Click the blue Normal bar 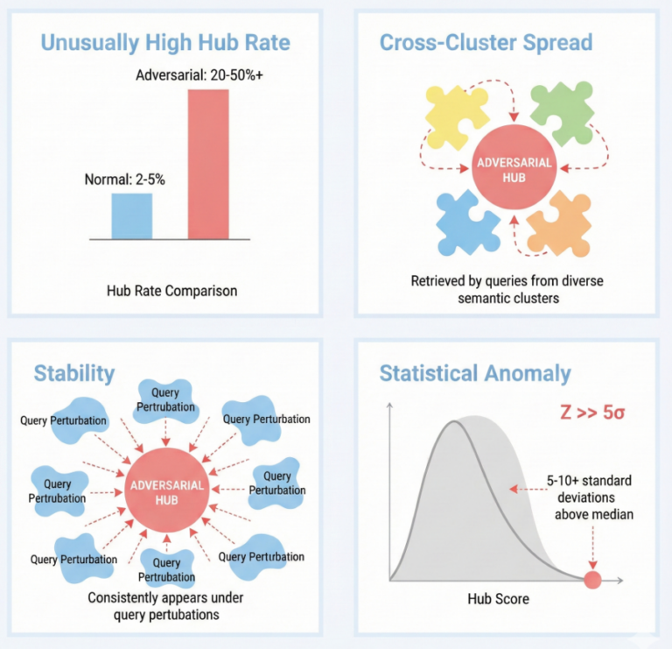coord(131,215)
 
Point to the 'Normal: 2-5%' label coord(124,180)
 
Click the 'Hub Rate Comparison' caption coord(171,290)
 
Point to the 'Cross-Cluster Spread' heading coord(486,42)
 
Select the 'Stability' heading coord(74,373)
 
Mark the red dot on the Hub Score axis coord(592,579)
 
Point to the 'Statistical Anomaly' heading coord(475,374)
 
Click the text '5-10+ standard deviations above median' coord(587,497)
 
